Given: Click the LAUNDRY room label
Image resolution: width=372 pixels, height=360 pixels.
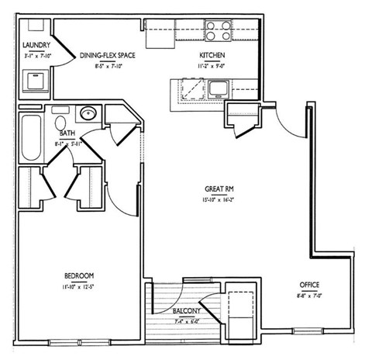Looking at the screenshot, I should (x=36, y=46).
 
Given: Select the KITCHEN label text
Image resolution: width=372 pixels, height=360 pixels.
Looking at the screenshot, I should (x=212, y=55).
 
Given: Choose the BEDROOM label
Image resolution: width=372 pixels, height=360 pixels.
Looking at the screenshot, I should (x=79, y=276).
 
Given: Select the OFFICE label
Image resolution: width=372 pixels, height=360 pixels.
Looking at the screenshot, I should (x=308, y=285).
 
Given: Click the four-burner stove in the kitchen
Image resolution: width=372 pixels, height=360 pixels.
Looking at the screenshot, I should (x=219, y=30).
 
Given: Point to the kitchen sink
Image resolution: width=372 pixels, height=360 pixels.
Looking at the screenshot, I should (x=216, y=88).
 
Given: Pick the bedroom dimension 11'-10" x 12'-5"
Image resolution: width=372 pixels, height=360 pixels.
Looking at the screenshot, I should (x=79, y=286).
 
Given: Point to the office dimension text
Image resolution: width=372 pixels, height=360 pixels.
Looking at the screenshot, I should (x=308, y=296).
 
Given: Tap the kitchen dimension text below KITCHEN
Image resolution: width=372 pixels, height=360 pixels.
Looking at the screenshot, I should (x=212, y=66).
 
